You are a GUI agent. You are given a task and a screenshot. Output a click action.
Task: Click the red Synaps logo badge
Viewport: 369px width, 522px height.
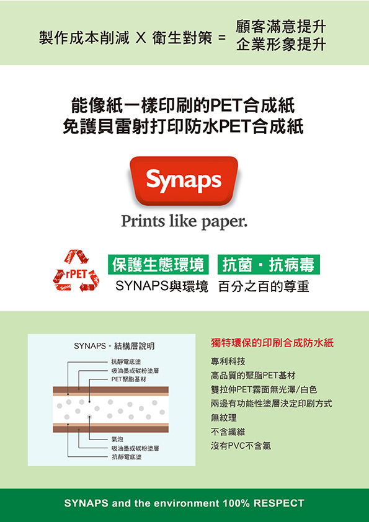(184, 181)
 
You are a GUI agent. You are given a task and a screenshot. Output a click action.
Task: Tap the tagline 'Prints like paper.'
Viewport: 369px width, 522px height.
(184, 221)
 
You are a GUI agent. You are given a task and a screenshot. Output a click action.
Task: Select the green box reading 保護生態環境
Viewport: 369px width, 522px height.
(158, 265)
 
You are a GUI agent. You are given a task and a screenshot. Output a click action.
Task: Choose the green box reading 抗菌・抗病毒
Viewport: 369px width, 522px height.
(269, 265)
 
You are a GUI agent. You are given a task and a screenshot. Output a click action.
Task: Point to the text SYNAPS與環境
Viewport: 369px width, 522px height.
(162, 286)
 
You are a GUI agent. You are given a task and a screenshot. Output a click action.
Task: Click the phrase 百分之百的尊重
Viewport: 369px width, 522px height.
(264, 286)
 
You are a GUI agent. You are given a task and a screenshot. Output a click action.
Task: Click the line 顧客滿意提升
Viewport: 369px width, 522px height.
(281, 27)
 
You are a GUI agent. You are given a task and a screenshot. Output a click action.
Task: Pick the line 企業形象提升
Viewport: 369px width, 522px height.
(281, 45)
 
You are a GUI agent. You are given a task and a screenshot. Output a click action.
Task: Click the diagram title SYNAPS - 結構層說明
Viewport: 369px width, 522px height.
(114, 346)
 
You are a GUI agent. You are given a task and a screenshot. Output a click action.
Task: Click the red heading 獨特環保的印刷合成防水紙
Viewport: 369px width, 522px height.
(272, 343)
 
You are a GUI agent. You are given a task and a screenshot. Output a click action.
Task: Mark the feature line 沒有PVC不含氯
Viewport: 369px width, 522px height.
(241, 446)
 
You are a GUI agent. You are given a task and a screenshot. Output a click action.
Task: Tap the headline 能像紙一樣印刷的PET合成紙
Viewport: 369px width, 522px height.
(183, 106)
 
